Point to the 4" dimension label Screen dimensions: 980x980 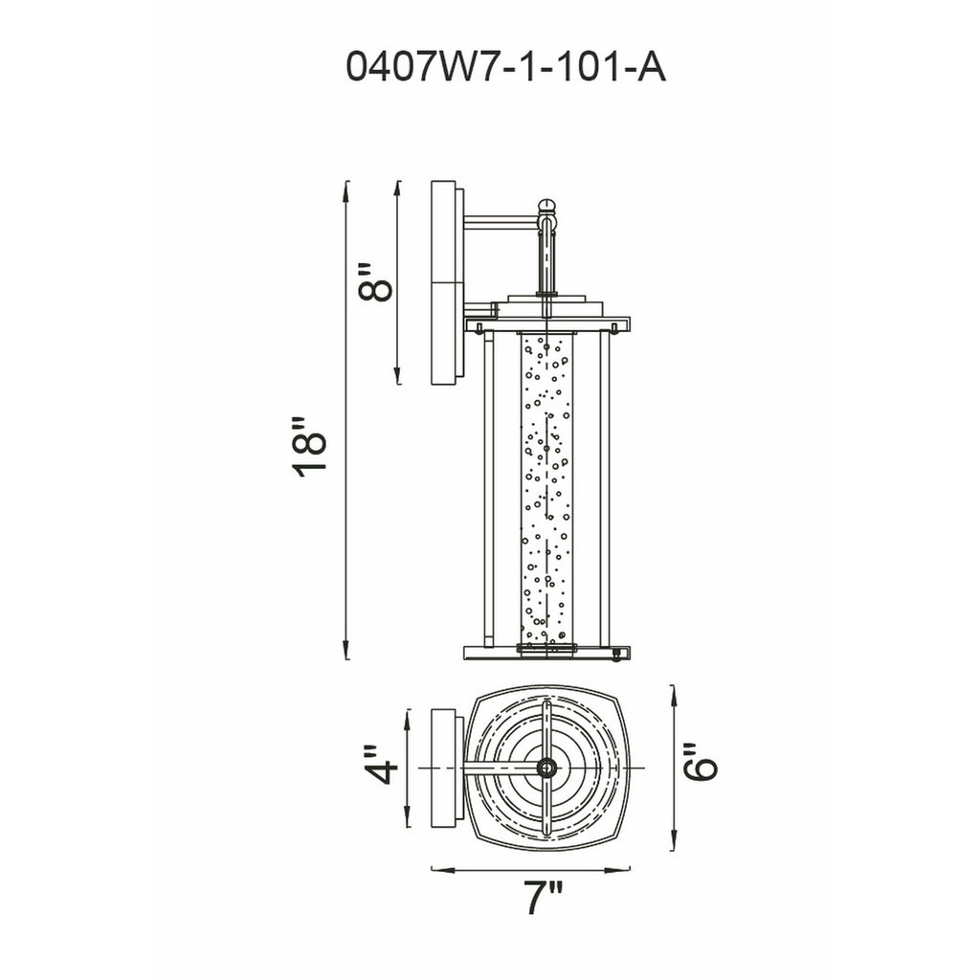click(382, 765)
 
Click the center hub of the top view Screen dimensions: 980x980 click(546, 768)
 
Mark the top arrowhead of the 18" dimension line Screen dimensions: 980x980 click(346, 187)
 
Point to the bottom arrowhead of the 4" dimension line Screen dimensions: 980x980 click(409, 822)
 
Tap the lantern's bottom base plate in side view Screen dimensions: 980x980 click(546, 654)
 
